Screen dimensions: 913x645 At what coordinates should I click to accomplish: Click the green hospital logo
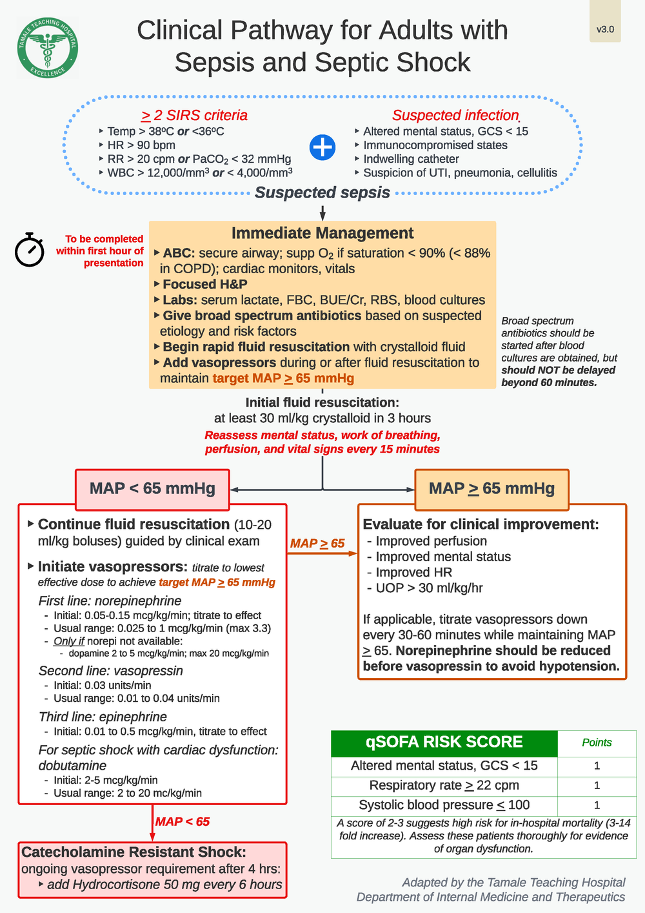[48, 48]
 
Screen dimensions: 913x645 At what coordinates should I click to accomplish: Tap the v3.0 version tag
[605, 29]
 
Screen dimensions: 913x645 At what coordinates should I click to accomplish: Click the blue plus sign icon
[322, 147]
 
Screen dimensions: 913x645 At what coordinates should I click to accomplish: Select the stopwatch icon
[30, 250]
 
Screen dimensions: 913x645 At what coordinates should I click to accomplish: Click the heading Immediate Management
[322, 233]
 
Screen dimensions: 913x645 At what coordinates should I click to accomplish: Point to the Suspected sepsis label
[322, 192]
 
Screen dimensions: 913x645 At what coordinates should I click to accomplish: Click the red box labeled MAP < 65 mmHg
[152, 489]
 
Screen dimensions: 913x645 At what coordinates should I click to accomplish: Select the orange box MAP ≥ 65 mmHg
[491, 489]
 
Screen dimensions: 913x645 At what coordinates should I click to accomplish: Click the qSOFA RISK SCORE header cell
[444, 743]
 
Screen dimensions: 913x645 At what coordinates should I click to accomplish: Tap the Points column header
[597, 743]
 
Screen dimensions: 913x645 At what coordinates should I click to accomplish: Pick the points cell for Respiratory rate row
[597, 786]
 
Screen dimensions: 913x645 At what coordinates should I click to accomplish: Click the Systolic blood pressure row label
[444, 805]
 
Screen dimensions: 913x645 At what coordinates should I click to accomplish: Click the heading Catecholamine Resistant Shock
[134, 852]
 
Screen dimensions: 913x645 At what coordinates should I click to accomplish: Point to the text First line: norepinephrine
[110, 600]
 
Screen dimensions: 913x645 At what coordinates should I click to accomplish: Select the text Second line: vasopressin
[110, 671]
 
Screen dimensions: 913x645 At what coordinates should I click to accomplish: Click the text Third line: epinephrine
[103, 717]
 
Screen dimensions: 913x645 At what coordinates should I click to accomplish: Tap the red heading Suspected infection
[455, 116]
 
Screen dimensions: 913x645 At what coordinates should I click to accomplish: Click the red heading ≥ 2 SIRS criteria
[194, 116]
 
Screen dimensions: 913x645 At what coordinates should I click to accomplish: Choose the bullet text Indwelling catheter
[411, 159]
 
